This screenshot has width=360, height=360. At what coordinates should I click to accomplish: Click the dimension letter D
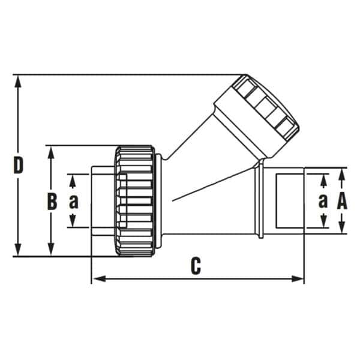pos(19,165)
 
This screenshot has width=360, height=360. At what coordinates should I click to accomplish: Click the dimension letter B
pos(52,202)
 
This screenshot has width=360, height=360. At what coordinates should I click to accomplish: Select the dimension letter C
pos(196,266)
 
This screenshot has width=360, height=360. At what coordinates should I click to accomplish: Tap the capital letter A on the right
pos(342,201)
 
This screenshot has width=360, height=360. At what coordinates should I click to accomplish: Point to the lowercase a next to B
pos(74,202)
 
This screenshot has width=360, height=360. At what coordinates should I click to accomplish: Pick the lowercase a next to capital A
pos(323,201)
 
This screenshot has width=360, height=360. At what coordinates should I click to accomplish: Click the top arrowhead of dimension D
pos(18,82)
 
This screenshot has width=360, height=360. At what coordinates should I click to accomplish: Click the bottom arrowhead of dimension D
pos(18,249)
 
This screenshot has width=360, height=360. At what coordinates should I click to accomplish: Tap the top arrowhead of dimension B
pos(51,152)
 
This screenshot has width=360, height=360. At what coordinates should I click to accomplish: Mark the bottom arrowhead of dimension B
pos(51,249)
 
